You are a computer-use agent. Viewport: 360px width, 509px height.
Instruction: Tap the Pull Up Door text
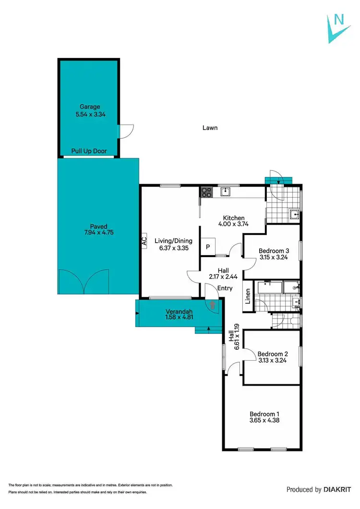point(89,151)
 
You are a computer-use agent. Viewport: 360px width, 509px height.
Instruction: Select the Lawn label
point(209,128)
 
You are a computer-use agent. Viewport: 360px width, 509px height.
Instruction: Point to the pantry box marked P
point(208,247)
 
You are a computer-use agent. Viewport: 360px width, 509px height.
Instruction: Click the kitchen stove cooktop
point(206,192)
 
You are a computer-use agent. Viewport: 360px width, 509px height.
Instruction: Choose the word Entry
point(225,288)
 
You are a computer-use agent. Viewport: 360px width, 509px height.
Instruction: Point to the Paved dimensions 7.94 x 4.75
point(98,233)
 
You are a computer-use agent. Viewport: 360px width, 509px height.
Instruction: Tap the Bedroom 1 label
point(264,414)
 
